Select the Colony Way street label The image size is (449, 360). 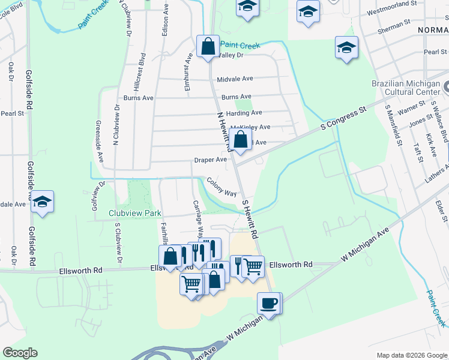point(221,187)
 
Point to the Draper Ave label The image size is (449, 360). point(210,160)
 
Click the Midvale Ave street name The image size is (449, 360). point(235,79)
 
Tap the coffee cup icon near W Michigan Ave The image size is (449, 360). point(270,302)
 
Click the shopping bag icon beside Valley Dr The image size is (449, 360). point(208,46)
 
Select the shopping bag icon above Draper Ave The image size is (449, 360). point(240,140)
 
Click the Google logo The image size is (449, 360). point(20,353)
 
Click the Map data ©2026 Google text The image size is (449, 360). point(411,355)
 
